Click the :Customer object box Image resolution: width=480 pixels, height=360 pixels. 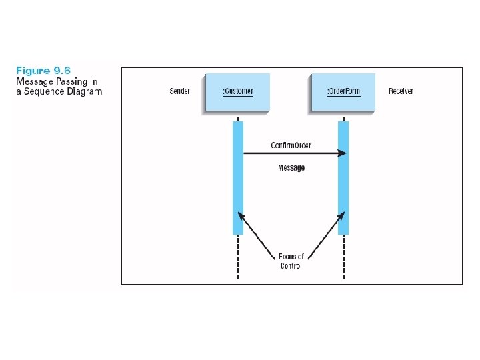point(238,91)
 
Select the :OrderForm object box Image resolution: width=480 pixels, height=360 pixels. point(343,91)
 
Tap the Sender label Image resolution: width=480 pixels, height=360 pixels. point(179,91)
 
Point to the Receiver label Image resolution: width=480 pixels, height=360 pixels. point(401,91)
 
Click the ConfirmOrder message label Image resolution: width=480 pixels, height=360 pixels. point(291,145)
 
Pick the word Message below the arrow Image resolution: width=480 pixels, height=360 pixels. point(291,168)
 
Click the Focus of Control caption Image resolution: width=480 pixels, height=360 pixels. point(291,261)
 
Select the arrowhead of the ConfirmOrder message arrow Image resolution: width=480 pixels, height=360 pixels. point(342,153)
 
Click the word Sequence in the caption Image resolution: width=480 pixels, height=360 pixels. point(45,91)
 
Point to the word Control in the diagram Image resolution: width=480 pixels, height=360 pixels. point(291,266)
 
